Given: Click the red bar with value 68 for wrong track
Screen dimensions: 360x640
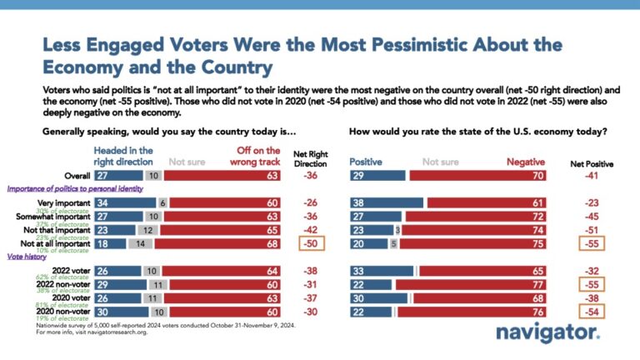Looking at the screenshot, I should pos(221,244).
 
